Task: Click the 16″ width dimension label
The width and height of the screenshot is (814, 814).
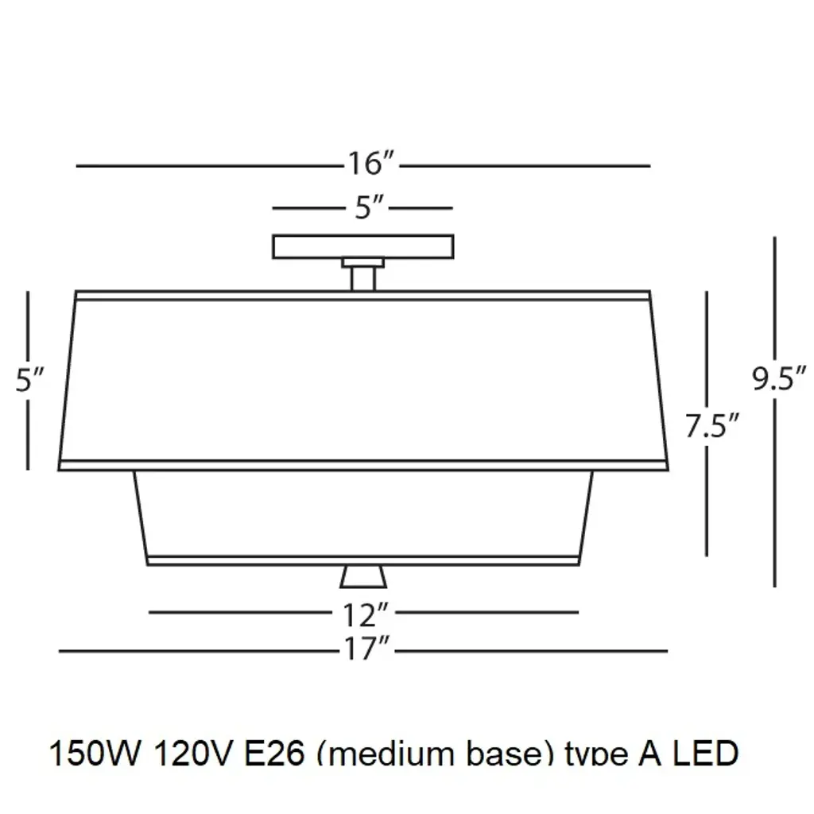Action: point(370,165)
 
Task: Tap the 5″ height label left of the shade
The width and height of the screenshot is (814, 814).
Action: point(29,381)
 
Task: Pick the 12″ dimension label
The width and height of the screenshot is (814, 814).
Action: point(366,613)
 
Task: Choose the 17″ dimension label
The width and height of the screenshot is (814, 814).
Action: point(366,651)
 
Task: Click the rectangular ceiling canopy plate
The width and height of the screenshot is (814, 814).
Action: point(363,246)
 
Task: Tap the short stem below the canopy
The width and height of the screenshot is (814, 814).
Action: point(363,277)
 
